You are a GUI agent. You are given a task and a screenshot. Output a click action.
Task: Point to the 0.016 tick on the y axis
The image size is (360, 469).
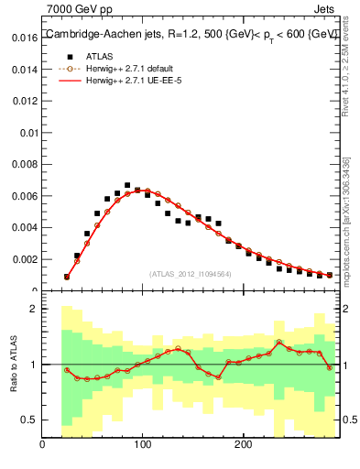click(25, 38)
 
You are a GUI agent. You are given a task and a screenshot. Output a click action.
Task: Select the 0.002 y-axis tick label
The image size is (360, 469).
click(25, 258)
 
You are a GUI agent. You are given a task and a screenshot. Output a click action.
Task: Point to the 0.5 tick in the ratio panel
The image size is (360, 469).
click(29, 420)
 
